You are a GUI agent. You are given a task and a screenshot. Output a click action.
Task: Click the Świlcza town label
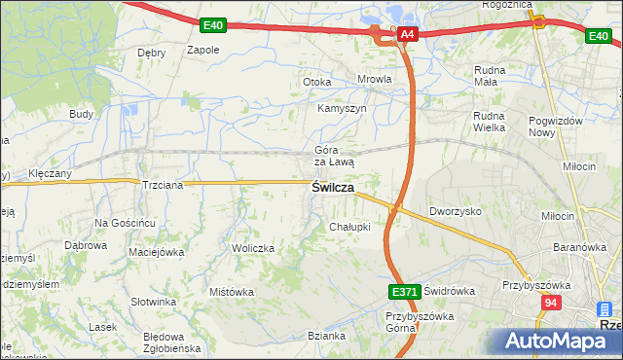pyautogui.click(x=332, y=188)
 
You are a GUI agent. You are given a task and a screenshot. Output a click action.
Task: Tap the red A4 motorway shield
pyautogui.click(x=408, y=36)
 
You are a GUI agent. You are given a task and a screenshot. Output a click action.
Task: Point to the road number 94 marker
pyautogui.click(x=552, y=304)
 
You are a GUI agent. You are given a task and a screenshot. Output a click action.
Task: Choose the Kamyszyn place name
pyautogui.click(x=342, y=109)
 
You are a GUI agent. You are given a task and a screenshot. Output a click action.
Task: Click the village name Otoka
pyautogui.click(x=317, y=82)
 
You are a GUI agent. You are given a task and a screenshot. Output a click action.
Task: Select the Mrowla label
pyautogui.click(x=375, y=80)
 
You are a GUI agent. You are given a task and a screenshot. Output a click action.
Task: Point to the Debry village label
pyautogui.click(x=152, y=53)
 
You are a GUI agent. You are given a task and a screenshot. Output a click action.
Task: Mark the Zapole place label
pyautogui.click(x=202, y=50)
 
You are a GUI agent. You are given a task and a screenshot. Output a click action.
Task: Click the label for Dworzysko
pyautogui.click(x=457, y=210)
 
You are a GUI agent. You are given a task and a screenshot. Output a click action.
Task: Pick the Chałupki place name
pyautogui.click(x=349, y=227)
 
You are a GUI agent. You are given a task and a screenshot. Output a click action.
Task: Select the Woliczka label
pyautogui.click(x=253, y=248)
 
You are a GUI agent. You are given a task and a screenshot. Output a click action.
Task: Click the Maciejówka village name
pyautogui.click(x=156, y=253)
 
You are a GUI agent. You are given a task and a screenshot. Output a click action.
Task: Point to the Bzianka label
pyautogui.click(x=327, y=336)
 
